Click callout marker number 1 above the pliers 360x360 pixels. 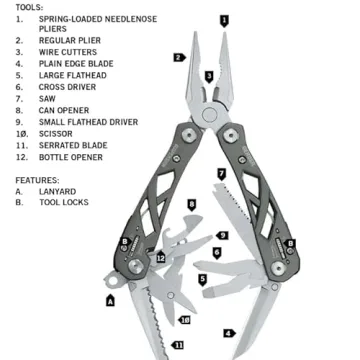click(224, 19)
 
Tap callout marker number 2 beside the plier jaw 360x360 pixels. click(178, 57)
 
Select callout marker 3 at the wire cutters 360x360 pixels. click(209, 75)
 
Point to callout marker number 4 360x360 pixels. click(228, 332)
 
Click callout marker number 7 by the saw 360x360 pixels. click(221, 173)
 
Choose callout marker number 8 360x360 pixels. click(191, 204)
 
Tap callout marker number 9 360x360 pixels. click(222, 235)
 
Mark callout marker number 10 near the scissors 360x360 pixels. click(185, 320)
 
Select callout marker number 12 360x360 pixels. click(160, 258)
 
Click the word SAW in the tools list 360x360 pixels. click(48, 98)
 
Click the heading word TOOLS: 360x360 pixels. click(29, 6)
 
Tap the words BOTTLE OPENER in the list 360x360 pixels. click(72, 157)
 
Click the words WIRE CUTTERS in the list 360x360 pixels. click(69, 52)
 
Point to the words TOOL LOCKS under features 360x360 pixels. click(63, 202)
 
